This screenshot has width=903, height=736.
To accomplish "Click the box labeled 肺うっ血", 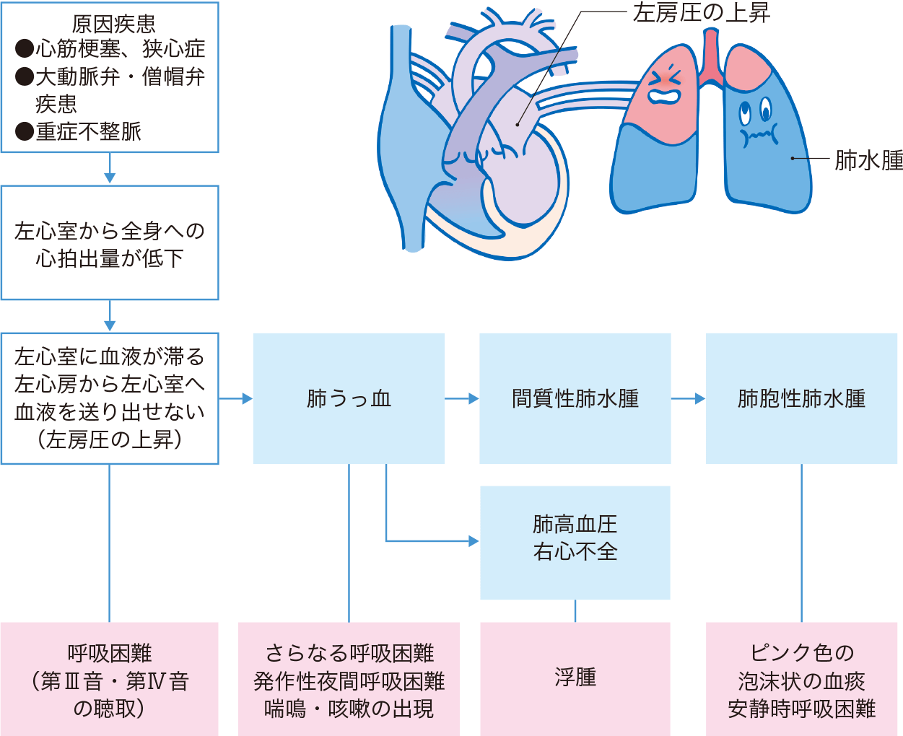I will [x=349, y=398].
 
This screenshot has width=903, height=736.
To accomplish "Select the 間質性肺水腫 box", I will [x=575, y=398].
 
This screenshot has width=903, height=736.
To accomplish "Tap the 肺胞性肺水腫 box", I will [x=801, y=398].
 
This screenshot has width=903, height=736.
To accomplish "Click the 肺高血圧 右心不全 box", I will [x=575, y=542].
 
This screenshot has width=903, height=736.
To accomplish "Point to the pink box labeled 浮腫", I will [x=575, y=678].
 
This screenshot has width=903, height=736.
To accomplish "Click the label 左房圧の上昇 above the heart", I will [x=701, y=13].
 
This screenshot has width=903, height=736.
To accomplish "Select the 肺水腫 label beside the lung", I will [x=868, y=159].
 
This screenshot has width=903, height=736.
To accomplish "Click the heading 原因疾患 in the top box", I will [x=113, y=24].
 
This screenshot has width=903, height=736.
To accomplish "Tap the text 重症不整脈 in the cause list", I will [x=88, y=131].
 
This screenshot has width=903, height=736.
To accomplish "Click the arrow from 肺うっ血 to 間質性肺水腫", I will [x=462, y=398].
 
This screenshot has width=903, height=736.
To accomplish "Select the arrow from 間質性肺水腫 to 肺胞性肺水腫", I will [x=688, y=398].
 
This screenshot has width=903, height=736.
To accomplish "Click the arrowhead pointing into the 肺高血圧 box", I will [x=474, y=540].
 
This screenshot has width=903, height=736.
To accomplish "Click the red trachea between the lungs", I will [x=711, y=61].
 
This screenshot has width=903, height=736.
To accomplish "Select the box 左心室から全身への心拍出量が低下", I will [x=110, y=243].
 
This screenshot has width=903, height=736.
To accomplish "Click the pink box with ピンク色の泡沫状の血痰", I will [x=801, y=680].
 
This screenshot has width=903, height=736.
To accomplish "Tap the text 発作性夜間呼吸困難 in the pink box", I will [x=349, y=681].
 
